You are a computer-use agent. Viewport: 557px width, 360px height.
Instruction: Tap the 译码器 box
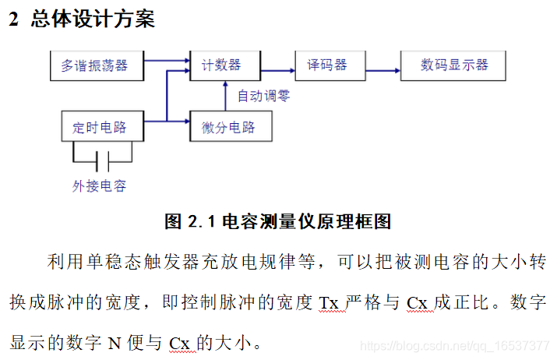(x=327, y=65)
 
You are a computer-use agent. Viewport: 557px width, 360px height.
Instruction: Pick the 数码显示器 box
(x=454, y=65)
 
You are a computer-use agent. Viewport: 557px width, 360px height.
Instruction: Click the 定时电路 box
(x=99, y=127)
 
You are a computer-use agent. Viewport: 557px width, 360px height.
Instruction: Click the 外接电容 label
(x=99, y=185)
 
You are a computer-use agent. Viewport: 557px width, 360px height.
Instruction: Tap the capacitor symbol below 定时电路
(x=101, y=162)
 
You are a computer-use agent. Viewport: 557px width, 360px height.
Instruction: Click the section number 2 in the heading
(x=13, y=20)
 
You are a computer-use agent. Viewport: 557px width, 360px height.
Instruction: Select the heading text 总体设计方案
(x=93, y=20)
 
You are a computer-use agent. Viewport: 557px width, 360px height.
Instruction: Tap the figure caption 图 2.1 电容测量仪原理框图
(x=278, y=221)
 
